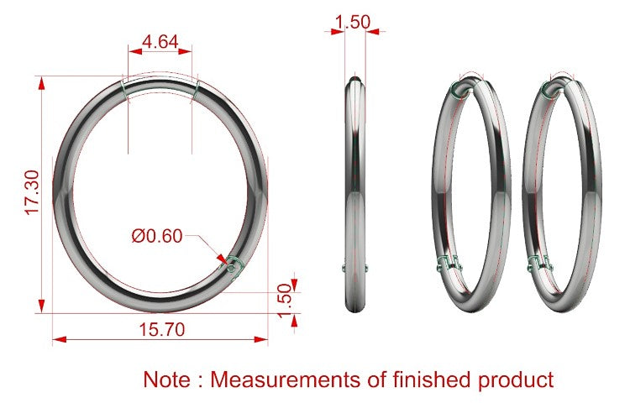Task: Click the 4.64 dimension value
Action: (x=160, y=42)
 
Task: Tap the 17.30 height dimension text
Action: (x=33, y=192)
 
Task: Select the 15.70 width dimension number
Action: (x=162, y=330)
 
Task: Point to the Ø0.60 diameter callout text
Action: (x=157, y=236)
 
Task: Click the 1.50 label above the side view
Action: (x=353, y=22)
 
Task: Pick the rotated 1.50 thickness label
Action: (x=285, y=301)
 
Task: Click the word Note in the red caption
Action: (x=167, y=379)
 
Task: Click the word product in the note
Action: (x=516, y=380)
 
